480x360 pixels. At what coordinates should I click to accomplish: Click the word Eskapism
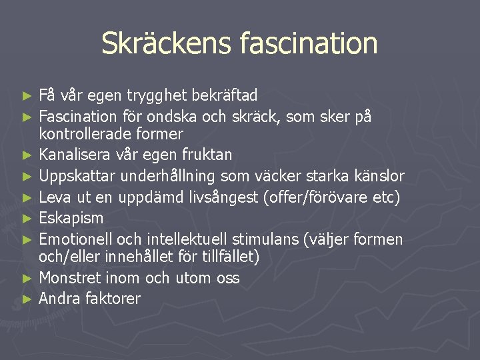pos(71,218)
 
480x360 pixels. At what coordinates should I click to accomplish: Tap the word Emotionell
pos(77,239)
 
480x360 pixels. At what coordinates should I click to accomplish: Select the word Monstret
pos(71,278)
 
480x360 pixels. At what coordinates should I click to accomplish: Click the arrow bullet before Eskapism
pos(27,219)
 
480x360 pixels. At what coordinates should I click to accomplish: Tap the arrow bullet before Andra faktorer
pos(27,299)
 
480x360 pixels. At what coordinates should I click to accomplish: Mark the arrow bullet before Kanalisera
pos(27,155)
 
